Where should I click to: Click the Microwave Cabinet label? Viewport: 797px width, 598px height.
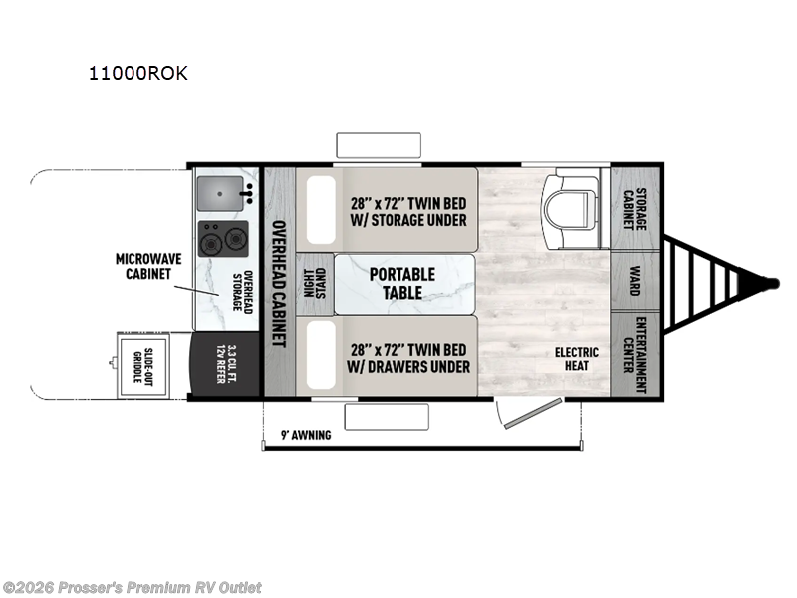146,267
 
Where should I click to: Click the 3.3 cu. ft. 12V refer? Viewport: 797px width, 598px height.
224,365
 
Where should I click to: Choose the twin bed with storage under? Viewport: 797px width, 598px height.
408,210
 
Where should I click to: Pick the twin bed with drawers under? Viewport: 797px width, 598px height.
408,357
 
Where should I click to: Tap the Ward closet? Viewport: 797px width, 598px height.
634,281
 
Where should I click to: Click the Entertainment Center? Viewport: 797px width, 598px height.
634,354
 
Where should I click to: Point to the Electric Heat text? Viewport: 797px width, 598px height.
577,359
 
